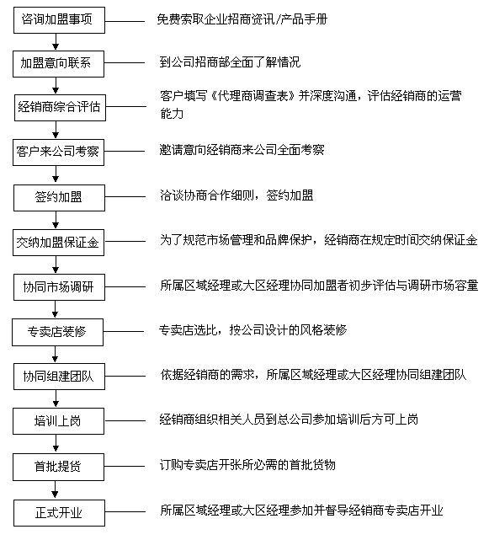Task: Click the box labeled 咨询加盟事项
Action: point(59,20)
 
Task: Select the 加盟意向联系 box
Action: point(59,64)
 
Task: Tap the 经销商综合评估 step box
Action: point(60,108)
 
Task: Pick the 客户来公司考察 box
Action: point(59,152)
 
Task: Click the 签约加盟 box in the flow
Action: point(59,198)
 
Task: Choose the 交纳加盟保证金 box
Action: point(59,243)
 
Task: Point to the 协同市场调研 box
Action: point(59,287)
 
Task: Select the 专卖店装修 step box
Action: point(57,332)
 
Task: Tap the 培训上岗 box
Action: point(59,421)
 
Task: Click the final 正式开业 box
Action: point(59,513)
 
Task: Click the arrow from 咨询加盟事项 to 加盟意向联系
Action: point(56,42)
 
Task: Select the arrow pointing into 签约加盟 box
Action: point(56,175)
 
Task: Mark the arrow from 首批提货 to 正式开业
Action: point(55,490)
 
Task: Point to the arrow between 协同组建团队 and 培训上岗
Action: point(56,398)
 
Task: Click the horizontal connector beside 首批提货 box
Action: point(125,467)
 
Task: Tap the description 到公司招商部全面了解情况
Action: point(230,62)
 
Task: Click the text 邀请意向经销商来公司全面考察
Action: point(242,150)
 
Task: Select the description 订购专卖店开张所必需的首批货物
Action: point(247,465)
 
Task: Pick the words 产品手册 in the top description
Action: point(304,19)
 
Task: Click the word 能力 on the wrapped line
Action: point(172,113)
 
